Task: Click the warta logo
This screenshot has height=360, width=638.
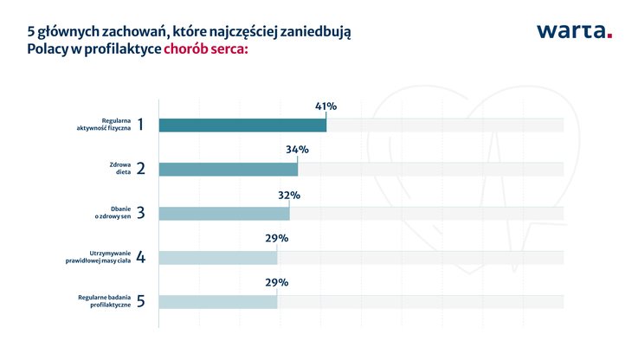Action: point(573,32)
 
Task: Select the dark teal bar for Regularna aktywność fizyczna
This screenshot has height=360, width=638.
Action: point(242,125)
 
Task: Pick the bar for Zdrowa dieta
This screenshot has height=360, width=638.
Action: point(229,169)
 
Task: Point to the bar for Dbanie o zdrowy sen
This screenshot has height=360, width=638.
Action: point(224,213)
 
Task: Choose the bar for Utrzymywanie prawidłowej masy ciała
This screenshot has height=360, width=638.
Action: point(218,257)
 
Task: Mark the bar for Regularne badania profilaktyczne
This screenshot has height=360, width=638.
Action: point(218,301)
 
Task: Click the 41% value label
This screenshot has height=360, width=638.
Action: point(325,106)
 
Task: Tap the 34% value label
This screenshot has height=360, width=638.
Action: point(297,150)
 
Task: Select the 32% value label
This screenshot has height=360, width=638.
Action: point(289,195)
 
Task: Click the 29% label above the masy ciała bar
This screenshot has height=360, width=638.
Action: point(277,238)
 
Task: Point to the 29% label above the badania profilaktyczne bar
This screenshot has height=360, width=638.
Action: point(277,282)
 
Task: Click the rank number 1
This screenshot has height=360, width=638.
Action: point(141,125)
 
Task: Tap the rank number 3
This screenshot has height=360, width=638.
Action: point(141,213)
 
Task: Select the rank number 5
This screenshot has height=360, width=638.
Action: point(141,301)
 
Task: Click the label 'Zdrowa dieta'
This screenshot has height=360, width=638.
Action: point(119,169)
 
